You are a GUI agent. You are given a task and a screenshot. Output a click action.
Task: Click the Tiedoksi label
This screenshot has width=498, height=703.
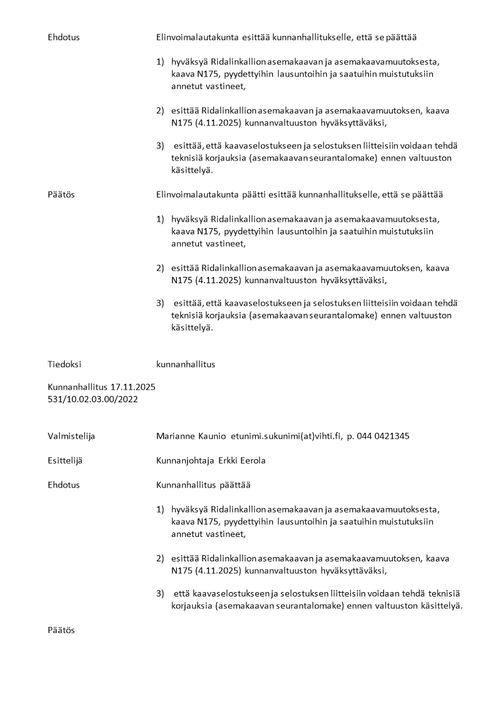click(x=65, y=364)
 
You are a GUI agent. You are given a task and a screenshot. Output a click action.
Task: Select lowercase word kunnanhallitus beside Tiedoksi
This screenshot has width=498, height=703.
click(x=186, y=364)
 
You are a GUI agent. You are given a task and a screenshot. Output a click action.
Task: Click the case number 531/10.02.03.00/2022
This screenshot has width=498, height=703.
click(x=93, y=398)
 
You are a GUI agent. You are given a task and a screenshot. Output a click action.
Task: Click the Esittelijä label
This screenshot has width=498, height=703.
click(x=65, y=461)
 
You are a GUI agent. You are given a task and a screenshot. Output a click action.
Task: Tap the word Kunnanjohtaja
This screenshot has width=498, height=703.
click(x=185, y=461)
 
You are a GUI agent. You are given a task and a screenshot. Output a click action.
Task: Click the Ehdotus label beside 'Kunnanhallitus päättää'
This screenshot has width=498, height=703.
click(x=64, y=485)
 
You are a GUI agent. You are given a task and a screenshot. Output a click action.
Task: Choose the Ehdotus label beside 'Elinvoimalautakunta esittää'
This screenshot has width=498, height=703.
click(x=64, y=37)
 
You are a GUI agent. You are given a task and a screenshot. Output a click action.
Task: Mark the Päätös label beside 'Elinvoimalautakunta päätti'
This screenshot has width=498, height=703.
click(x=61, y=194)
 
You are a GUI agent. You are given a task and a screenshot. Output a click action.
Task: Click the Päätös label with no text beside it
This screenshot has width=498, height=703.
click(x=61, y=630)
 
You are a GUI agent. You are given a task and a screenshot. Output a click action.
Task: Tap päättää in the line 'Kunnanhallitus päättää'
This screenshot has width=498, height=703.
click(x=235, y=485)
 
